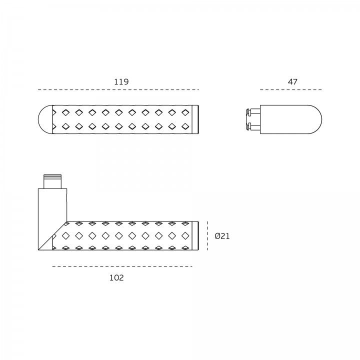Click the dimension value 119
[x=121, y=81]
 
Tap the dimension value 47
[x=292, y=81]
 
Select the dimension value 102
[x=116, y=278]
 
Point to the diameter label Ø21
[x=222, y=236]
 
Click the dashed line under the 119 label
[x=118, y=90]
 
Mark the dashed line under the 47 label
[x=291, y=90]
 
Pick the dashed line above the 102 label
[x=122, y=266]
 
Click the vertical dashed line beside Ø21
[x=207, y=236]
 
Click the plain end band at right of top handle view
[x=195, y=119]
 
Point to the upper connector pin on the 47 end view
[x=253, y=111]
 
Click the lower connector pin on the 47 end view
[x=253, y=126]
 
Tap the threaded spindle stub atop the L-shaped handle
[x=52, y=181]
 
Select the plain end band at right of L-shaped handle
[x=195, y=236]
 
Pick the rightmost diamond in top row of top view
[x=185, y=112]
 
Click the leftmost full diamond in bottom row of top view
[x=65, y=126]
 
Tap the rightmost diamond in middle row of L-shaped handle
[x=185, y=236]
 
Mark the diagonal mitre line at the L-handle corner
[x=52, y=236]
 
